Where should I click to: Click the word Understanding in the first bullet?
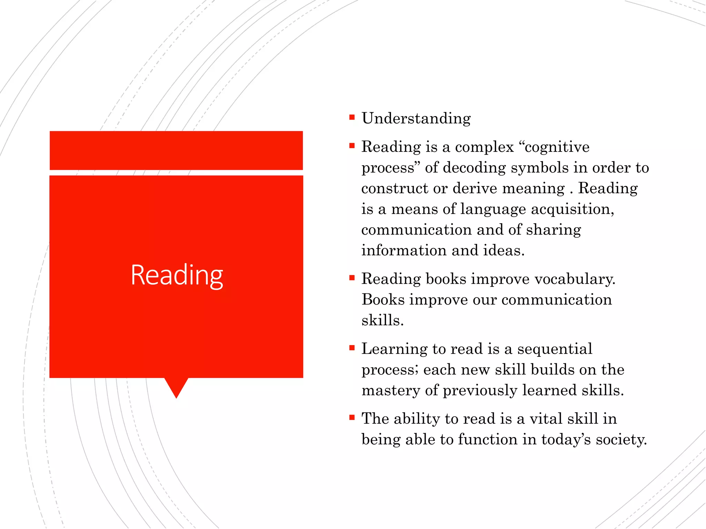click(416, 118)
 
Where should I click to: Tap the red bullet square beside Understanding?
click(352, 117)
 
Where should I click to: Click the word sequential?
click(555, 349)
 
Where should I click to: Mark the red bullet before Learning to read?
click(352, 348)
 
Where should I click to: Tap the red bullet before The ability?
click(352, 418)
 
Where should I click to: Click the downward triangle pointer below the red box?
click(176, 387)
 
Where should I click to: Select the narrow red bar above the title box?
click(176, 151)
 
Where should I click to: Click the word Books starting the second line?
click(383, 300)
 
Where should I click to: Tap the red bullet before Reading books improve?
click(352, 278)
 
